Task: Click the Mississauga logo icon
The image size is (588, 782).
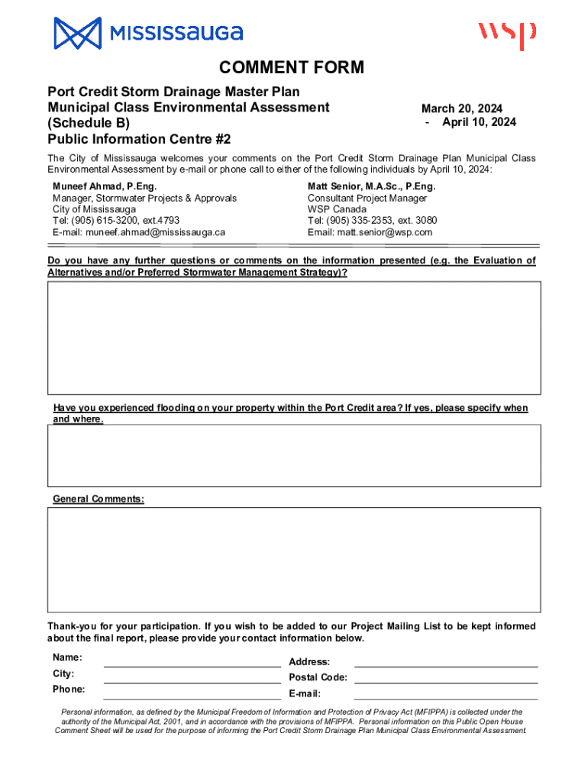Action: pos(77,33)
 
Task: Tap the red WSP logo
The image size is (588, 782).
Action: pos(507,35)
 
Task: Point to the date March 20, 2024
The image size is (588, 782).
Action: pos(462,108)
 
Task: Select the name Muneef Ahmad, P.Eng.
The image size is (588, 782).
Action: pos(105,186)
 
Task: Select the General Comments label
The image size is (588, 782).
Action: pos(98,499)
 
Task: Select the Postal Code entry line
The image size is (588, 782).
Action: pos(446,681)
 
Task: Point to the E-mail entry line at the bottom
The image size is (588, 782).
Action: pos(446,697)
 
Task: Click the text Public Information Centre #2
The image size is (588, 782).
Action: pos(139,139)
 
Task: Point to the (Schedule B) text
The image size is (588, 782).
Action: pos(89,123)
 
